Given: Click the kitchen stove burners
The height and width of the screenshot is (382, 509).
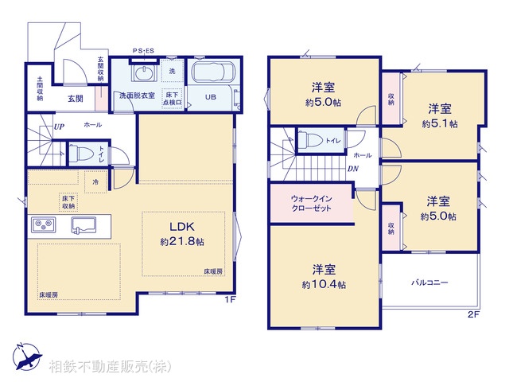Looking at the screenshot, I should click(x=43, y=224).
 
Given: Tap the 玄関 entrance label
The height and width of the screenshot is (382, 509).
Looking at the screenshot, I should click(x=76, y=98).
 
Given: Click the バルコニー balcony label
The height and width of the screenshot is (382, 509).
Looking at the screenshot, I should click(x=429, y=283).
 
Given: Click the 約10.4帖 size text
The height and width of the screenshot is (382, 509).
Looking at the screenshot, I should click(x=323, y=284).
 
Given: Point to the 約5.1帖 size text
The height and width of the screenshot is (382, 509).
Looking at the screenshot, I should click(x=440, y=124).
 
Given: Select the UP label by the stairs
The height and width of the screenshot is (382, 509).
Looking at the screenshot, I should click(x=59, y=127).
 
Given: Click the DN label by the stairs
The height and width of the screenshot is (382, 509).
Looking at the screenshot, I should click(x=352, y=169).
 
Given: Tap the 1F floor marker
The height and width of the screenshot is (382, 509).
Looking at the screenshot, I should click(x=229, y=299).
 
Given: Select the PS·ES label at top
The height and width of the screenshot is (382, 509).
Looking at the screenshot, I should click(x=144, y=51).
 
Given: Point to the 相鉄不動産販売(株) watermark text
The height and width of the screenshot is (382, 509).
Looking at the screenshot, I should click(x=107, y=366).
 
